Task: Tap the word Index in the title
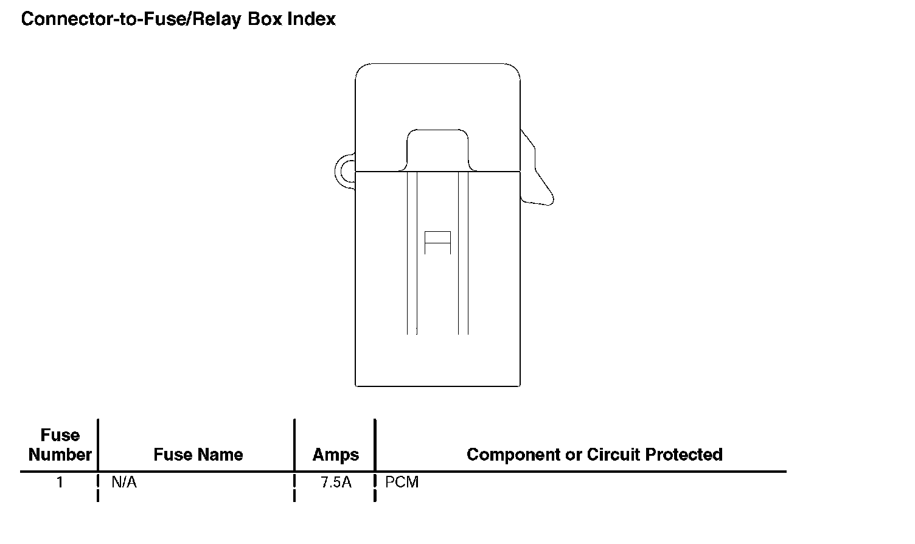(311, 19)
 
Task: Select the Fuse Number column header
(60, 445)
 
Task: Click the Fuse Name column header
(198, 455)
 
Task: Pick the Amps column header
(335, 455)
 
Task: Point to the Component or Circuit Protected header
(594, 455)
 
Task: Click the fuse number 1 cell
(60, 483)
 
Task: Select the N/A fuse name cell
(124, 483)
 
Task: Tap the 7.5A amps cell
(336, 483)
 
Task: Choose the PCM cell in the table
(402, 483)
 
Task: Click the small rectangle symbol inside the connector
(437, 242)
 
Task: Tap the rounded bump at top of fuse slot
(437, 148)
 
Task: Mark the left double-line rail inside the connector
(412, 253)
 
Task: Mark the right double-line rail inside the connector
(463, 253)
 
